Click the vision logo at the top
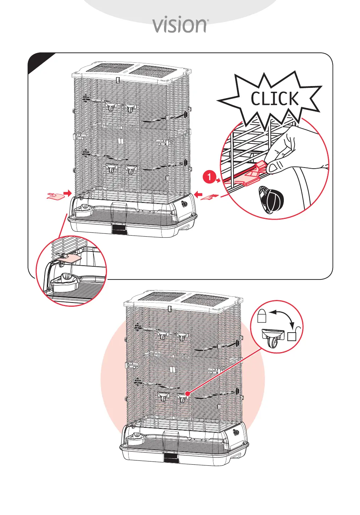click(x=180, y=25)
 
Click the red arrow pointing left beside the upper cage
click(x=198, y=194)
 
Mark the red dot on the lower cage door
click(x=187, y=393)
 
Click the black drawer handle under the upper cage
click(x=119, y=229)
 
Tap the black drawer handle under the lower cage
click(x=171, y=458)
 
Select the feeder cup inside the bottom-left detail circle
click(x=66, y=281)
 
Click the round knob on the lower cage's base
click(x=236, y=433)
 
